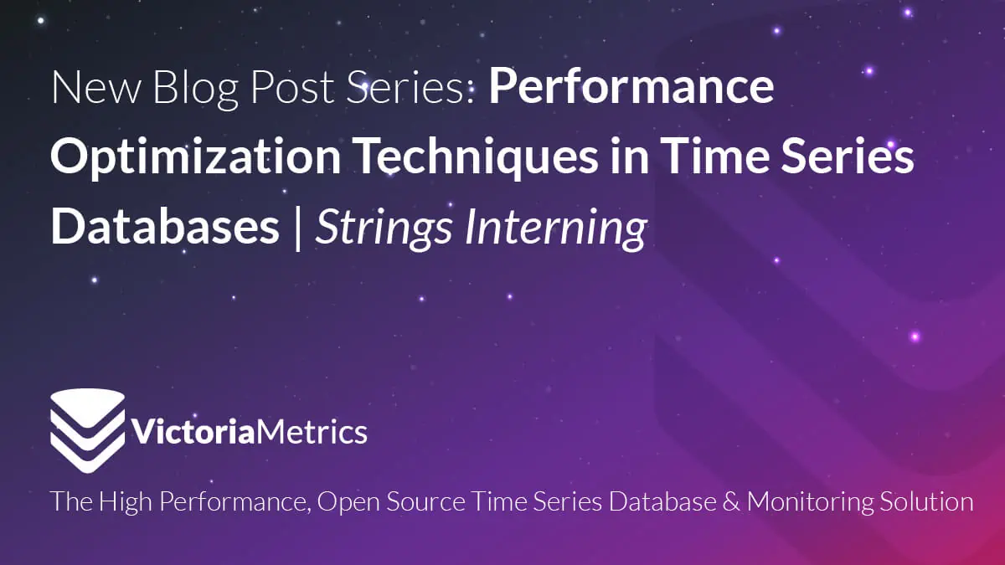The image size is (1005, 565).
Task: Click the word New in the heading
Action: tap(96, 87)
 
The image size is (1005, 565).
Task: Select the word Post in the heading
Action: tap(292, 87)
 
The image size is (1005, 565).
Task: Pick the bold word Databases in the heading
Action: tap(165, 226)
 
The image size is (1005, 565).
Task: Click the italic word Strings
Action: tap(384, 228)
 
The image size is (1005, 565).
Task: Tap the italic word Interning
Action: tap(556, 228)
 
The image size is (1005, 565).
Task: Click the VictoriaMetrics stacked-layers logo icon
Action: tap(87, 430)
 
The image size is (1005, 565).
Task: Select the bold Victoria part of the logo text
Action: tap(193, 431)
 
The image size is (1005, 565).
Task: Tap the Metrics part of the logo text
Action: tap(312, 431)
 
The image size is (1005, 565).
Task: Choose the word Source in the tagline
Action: tap(425, 501)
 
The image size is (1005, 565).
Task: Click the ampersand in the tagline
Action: tap(731, 501)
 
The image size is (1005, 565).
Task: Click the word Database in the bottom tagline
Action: tap(662, 501)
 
